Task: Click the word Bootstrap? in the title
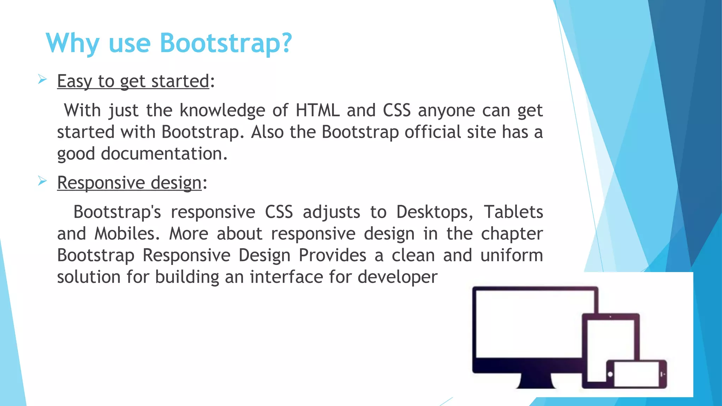tap(226, 43)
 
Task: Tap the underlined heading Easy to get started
tap(133, 81)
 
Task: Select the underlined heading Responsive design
tap(129, 183)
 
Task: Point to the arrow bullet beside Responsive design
tap(42, 181)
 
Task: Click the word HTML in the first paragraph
tap(317, 110)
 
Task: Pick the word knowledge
tap(222, 110)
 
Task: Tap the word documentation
tap(164, 154)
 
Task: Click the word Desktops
tap(434, 212)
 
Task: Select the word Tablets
tap(513, 212)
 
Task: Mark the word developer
tap(397, 277)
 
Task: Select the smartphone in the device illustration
tap(637, 374)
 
